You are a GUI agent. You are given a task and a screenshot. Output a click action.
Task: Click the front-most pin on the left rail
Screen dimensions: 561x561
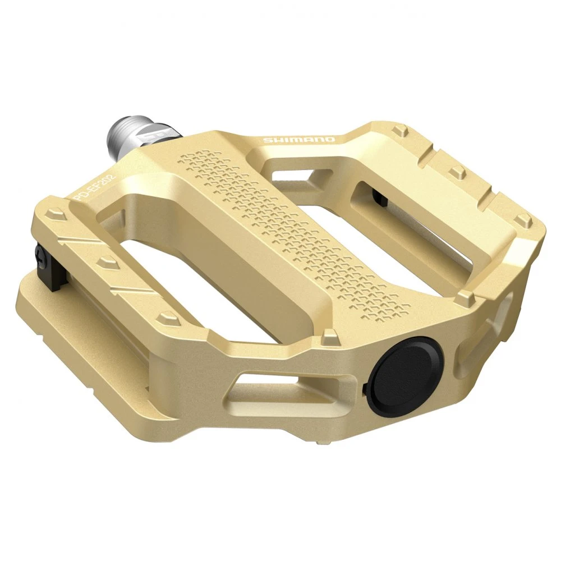(165, 319)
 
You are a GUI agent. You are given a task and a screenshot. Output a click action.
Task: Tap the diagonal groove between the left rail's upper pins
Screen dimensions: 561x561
(79, 241)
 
